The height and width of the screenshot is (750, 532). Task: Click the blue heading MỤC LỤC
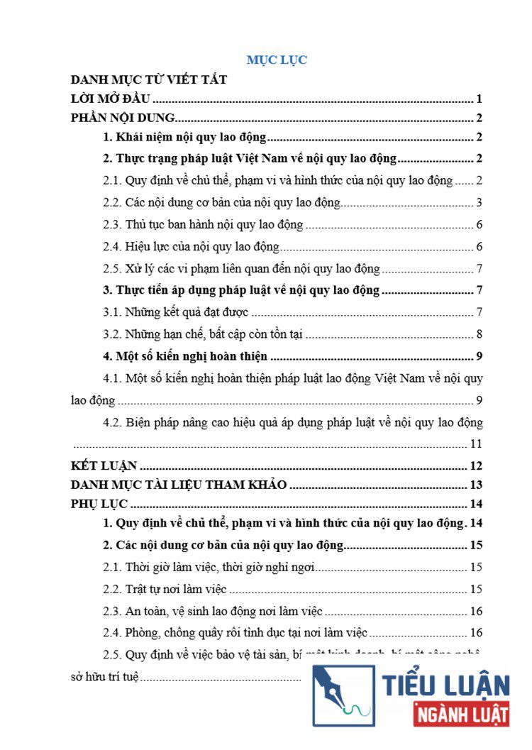277,60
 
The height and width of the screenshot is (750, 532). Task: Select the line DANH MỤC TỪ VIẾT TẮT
150,79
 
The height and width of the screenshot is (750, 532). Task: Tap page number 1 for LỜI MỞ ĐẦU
480,99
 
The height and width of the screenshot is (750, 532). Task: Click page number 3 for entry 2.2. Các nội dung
480,203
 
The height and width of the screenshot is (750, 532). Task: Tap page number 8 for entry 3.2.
480,334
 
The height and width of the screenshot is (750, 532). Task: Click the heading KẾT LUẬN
104,466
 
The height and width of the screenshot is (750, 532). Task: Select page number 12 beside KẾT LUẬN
476,466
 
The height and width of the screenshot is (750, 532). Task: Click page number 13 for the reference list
476,485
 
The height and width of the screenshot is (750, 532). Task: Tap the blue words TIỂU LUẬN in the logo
446,685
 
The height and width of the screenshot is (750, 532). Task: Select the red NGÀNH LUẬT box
461,713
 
